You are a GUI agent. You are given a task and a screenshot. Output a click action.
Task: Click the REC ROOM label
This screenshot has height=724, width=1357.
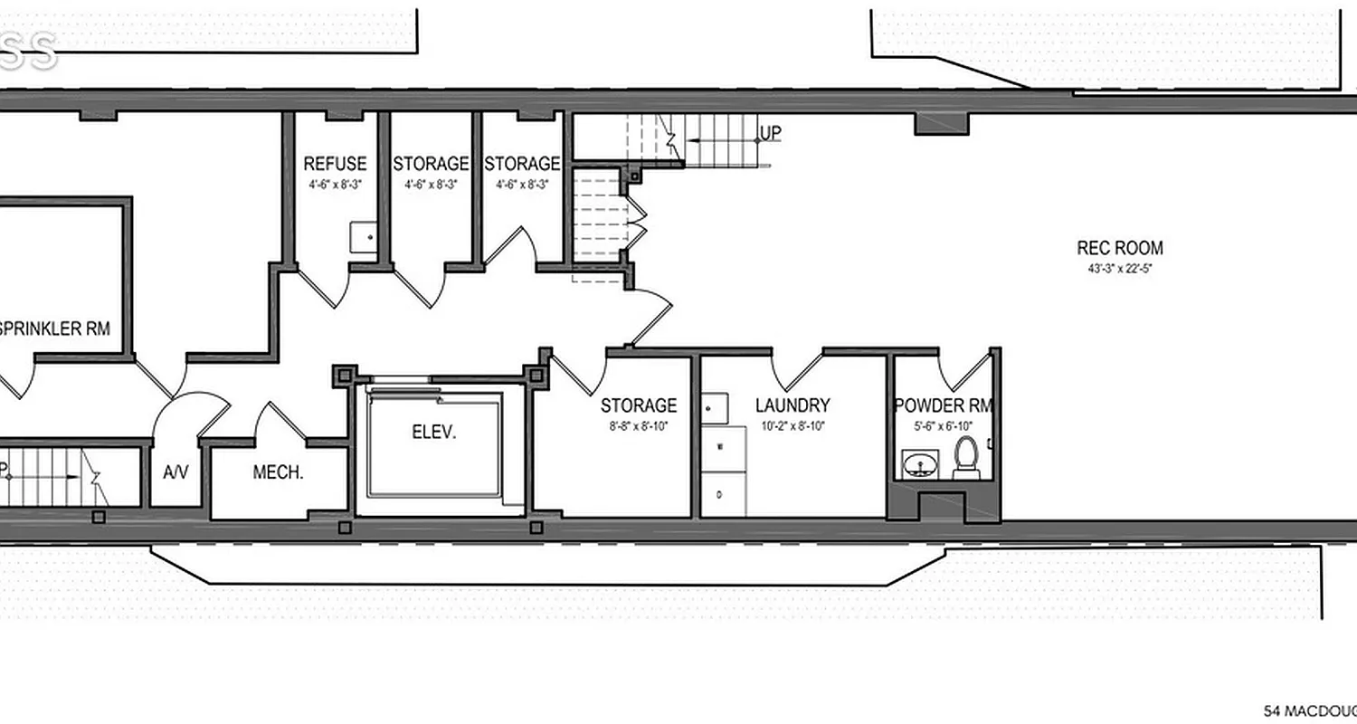1119,248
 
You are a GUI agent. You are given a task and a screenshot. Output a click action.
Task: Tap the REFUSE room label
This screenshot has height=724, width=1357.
335,164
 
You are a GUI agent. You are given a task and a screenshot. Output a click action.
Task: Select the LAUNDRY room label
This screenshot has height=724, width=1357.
792,405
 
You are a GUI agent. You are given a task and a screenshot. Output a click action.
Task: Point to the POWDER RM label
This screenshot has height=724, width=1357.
943,405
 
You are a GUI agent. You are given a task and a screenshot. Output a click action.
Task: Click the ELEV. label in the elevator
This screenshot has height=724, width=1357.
434,432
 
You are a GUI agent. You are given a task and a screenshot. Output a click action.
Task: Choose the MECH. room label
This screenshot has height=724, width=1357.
278,472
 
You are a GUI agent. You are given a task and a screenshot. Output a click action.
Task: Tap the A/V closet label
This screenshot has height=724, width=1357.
175,472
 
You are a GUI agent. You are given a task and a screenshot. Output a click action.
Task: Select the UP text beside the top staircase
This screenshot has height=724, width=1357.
770,134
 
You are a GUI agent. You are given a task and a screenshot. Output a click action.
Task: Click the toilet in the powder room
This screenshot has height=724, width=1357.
967,457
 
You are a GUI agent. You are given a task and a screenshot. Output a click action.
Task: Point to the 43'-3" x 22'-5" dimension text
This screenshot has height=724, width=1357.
1119,269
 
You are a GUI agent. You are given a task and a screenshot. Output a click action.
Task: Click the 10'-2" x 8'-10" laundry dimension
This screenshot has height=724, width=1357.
792,425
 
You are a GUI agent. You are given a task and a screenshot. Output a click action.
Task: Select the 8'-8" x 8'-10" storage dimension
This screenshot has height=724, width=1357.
638,425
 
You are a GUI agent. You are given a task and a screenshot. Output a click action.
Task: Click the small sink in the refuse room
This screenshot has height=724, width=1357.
364,237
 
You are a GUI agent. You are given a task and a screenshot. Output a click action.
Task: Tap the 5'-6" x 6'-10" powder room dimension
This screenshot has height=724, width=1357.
942,425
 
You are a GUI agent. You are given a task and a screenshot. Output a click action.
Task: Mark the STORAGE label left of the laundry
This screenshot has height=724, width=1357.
638,405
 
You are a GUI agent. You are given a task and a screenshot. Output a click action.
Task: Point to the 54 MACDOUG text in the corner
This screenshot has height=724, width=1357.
1309,710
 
